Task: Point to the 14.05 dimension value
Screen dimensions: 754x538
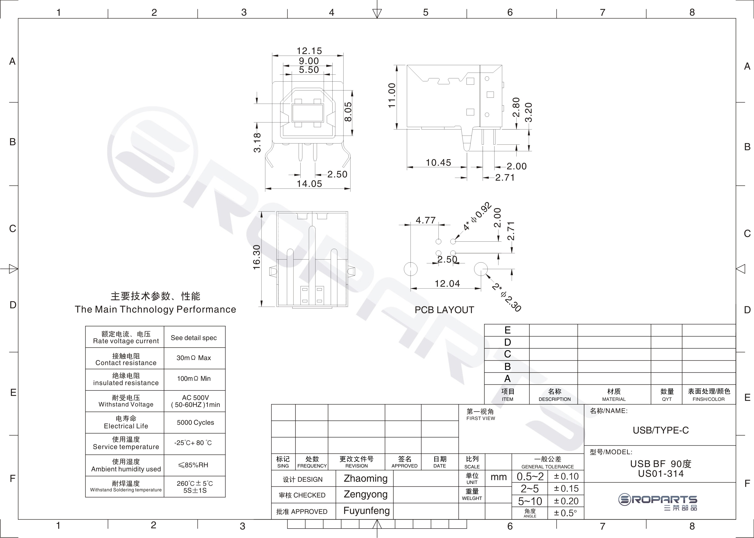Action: point(309,184)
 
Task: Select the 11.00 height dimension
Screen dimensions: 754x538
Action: point(392,95)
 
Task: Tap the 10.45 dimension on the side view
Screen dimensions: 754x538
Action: point(438,162)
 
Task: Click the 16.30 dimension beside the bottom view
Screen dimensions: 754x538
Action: point(257,257)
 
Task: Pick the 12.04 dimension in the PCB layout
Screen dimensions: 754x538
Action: point(447,284)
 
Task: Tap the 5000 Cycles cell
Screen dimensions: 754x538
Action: point(195,422)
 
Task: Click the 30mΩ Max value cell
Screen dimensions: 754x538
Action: point(194,358)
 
